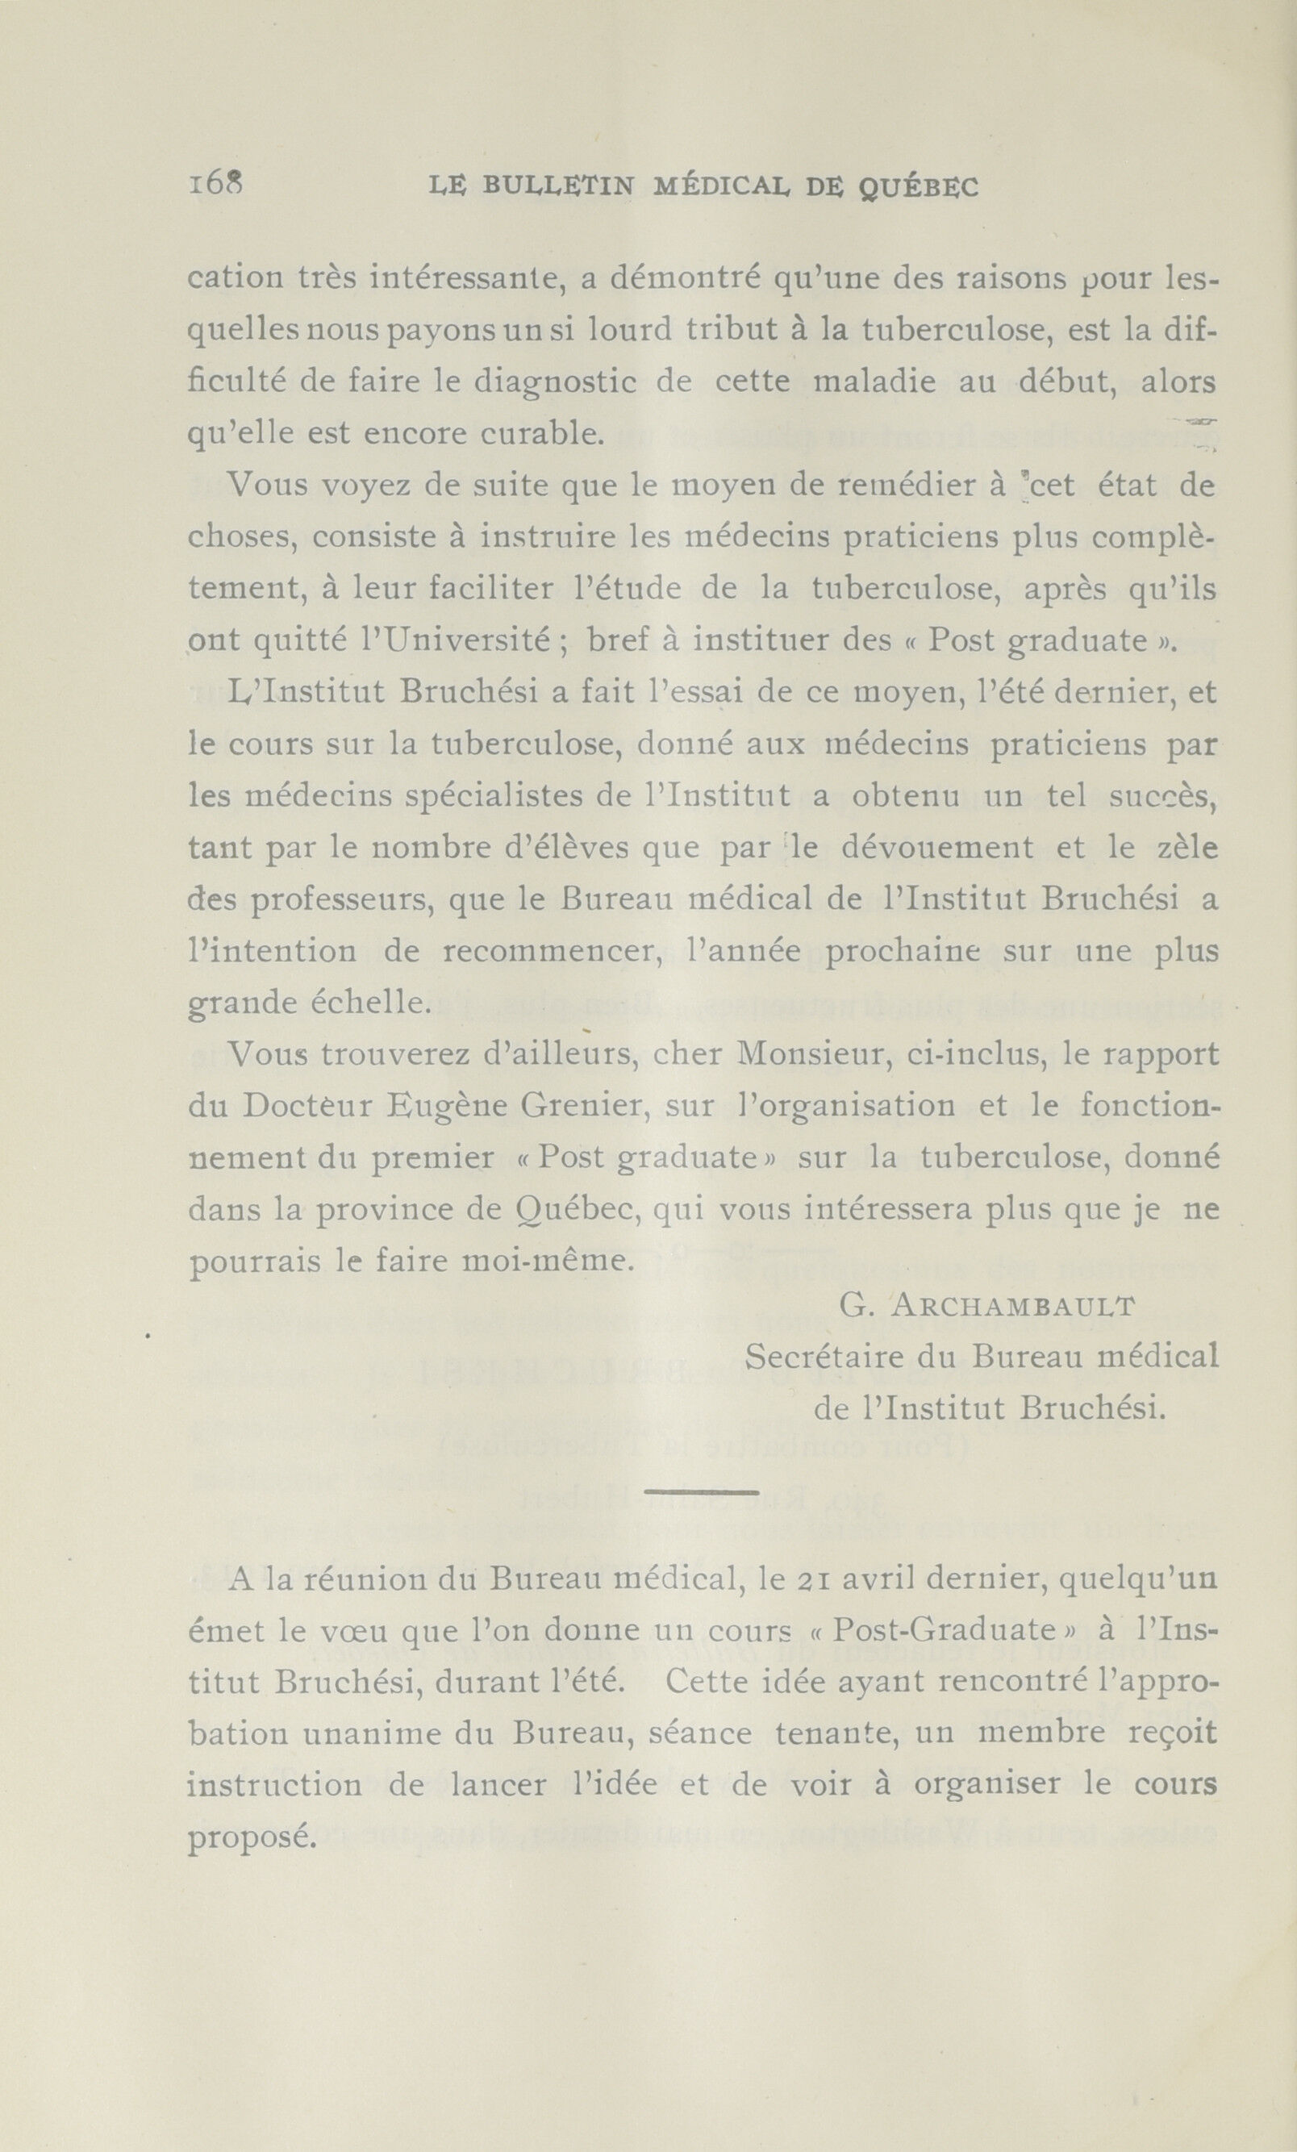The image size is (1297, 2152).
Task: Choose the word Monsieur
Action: (801, 1055)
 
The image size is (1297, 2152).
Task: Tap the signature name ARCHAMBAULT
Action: (1015, 1307)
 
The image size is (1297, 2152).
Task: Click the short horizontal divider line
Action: (702, 1491)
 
